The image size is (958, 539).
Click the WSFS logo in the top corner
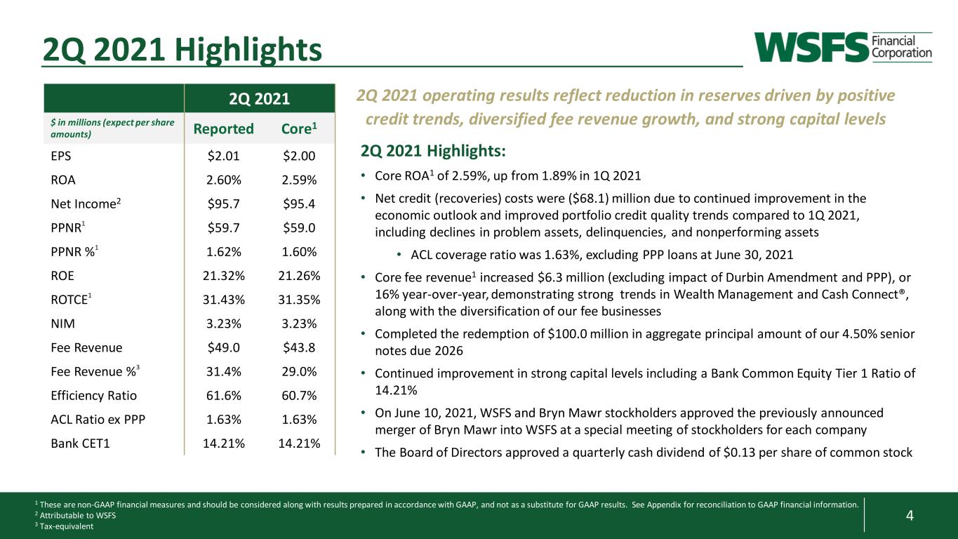pyautogui.click(x=843, y=47)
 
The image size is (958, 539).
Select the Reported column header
pyautogui.click(x=223, y=128)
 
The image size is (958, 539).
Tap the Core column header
pyautogui.click(x=299, y=128)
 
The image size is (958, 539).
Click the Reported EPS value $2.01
pyautogui.click(x=223, y=156)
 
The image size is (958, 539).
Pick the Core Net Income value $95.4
pyautogui.click(x=299, y=204)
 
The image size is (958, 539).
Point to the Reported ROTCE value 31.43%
pyautogui.click(x=224, y=300)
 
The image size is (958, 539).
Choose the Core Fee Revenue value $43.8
pyautogui.click(x=299, y=347)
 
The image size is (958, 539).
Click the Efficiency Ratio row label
pyautogui.click(x=93, y=396)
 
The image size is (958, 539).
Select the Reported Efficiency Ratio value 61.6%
pyautogui.click(x=224, y=395)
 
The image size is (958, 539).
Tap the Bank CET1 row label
pyautogui.click(x=81, y=443)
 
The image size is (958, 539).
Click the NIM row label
pyautogui.click(x=63, y=324)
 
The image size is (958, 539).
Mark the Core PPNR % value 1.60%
pyautogui.click(x=299, y=251)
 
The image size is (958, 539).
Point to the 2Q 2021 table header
pyautogui.click(x=259, y=99)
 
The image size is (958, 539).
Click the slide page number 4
pyautogui.click(x=910, y=515)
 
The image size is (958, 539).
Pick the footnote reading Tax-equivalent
pyautogui.click(x=66, y=526)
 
